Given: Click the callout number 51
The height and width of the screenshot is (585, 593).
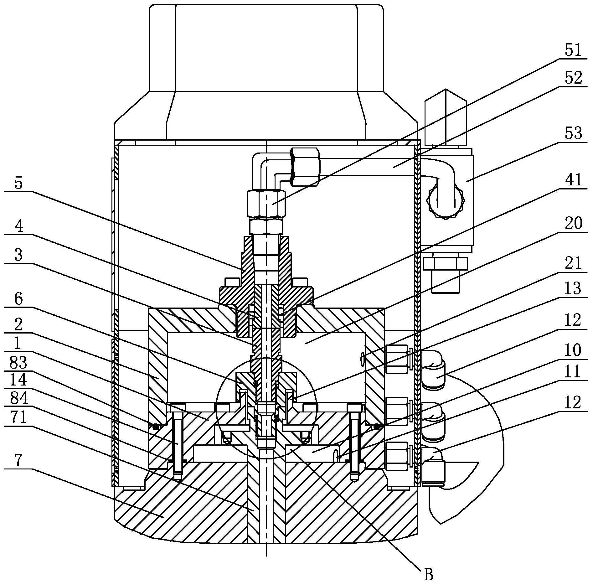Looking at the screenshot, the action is coord(573,50).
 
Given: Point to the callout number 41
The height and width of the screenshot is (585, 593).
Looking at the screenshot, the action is coord(573,180).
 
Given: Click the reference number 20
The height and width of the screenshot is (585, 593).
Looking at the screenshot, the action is coord(573,224).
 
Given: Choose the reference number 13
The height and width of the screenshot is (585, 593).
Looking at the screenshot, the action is coord(573,288).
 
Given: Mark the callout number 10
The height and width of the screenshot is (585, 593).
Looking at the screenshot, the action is coord(573,350).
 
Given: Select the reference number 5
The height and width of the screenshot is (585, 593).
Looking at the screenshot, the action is coord(19,183).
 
